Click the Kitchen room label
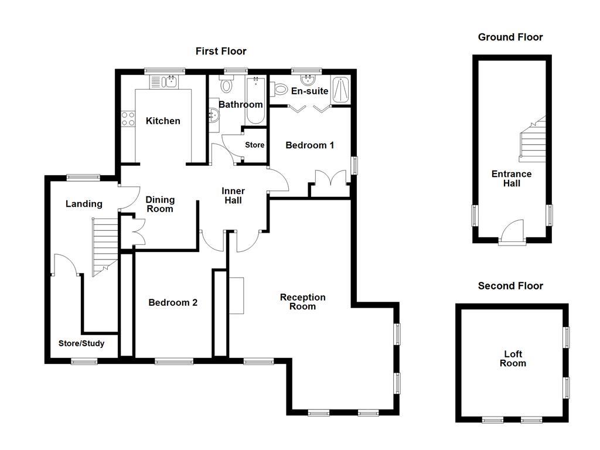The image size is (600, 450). click(163, 121)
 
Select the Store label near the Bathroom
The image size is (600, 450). click(254, 145)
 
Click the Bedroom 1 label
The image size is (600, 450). click(309, 145)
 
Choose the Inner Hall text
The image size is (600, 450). click(233, 196)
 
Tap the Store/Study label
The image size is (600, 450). click(81, 343)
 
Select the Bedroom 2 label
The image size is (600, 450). click(172, 303)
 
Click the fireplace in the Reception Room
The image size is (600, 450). click(236, 295)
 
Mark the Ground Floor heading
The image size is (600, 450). click(510, 37)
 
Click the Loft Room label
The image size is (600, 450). click(513, 359)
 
